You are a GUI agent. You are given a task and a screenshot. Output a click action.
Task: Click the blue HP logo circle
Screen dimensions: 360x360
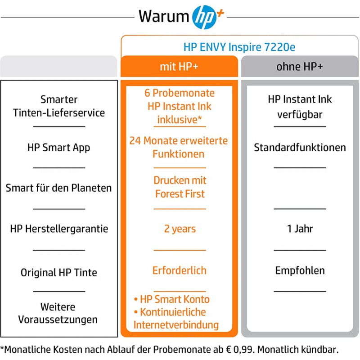click(x=204, y=17)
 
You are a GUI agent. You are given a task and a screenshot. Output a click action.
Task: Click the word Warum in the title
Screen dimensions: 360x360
click(x=164, y=17)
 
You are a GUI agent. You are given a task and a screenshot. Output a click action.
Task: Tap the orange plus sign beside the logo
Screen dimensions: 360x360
click(x=220, y=13)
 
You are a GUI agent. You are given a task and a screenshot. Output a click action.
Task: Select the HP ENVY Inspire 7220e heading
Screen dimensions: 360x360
click(x=239, y=47)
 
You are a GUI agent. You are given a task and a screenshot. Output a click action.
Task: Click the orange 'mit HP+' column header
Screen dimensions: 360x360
click(x=179, y=67)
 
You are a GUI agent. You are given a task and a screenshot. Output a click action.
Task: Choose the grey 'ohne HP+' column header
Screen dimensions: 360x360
click(x=300, y=67)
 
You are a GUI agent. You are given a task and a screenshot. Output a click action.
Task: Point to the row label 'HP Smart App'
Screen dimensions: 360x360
click(x=59, y=148)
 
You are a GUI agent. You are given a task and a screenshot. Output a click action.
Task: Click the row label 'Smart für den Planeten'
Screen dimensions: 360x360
click(x=59, y=188)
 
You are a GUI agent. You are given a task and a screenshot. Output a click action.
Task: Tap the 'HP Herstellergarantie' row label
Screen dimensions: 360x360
click(x=59, y=229)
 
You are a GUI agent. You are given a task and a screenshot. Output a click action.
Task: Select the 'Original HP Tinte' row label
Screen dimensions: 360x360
click(x=59, y=273)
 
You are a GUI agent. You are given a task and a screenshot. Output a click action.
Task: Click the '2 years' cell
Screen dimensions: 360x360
click(x=180, y=229)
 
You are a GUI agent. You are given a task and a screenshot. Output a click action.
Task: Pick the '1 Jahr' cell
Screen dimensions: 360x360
click(x=300, y=229)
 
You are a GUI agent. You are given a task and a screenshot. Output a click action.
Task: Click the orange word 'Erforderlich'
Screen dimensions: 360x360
click(x=179, y=270)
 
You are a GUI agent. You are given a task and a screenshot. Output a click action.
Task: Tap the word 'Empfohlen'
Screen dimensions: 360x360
click(x=300, y=271)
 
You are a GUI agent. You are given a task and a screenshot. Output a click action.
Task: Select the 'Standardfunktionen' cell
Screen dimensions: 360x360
click(x=300, y=148)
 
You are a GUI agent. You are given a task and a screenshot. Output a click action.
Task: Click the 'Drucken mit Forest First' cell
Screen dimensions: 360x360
click(x=180, y=187)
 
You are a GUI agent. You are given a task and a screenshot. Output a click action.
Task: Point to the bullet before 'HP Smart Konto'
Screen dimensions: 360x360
click(x=136, y=299)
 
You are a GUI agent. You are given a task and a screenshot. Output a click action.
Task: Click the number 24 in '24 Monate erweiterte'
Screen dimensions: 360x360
click(x=135, y=141)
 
